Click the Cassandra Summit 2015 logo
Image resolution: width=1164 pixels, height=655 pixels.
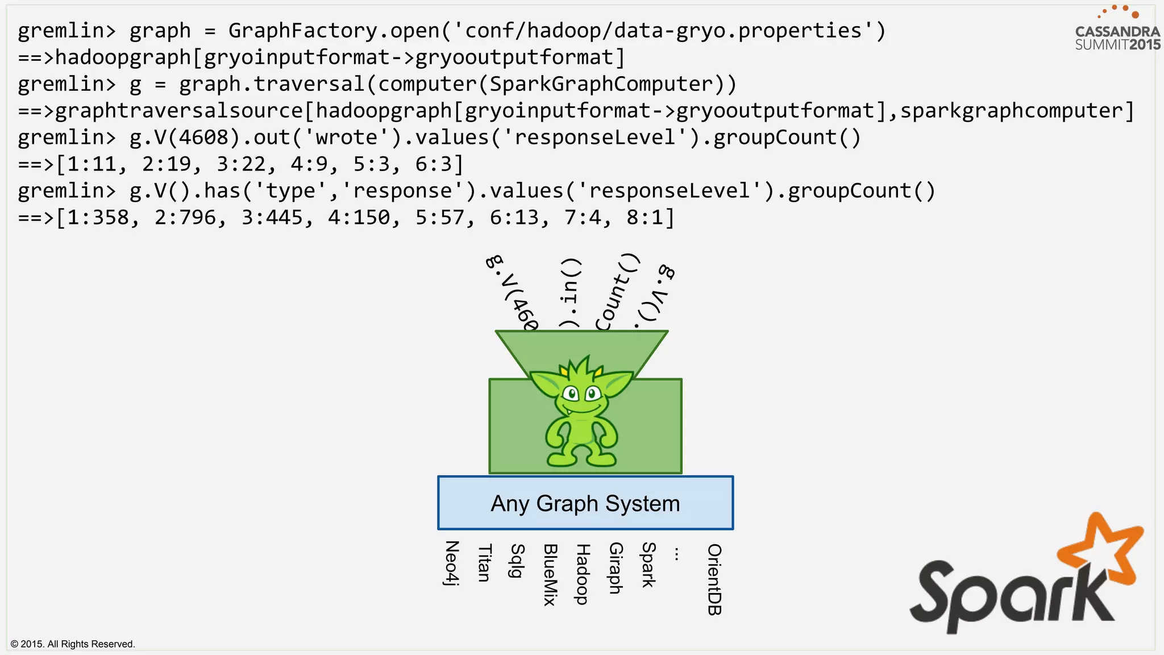pyautogui.click(x=1117, y=31)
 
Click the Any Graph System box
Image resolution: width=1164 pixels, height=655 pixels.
pyautogui.click(x=585, y=503)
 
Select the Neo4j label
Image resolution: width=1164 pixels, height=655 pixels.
pyautogui.click(x=452, y=563)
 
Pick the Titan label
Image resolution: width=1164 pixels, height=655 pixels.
pyautogui.click(x=484, y=563)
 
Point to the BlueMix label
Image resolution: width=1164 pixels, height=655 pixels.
pyautogui.click(x=550, y=574)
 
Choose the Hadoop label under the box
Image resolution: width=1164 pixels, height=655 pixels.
pyautogui.click(x=583, y=574)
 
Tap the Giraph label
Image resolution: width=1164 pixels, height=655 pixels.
pyautogui.click(x=616, y=568)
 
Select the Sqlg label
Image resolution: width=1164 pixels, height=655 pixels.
pyautogui.click(x=517, y=561)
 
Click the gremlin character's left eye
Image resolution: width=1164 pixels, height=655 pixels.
pyautogui.click(x=571, y=393)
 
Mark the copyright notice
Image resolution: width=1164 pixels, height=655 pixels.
pyautogui.click(x=73, y=644)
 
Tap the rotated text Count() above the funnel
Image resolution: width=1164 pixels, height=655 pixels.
pyautogui.click(x=617, y=293)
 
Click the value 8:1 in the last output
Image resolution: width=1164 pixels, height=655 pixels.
pyautogui.click(x=645, y=217)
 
